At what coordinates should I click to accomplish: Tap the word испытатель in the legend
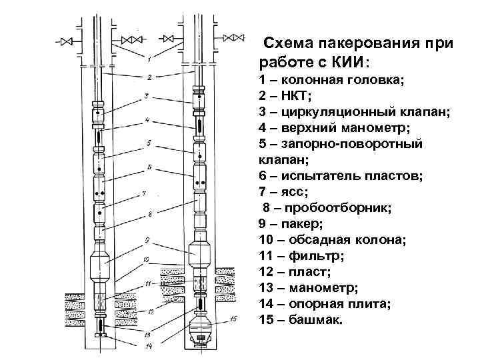point(316,176)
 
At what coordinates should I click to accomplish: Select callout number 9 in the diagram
point(147,239)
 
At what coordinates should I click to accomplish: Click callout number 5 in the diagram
point(149,143)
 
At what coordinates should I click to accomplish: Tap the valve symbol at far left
point(65,41)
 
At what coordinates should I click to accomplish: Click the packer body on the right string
point(201,252)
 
